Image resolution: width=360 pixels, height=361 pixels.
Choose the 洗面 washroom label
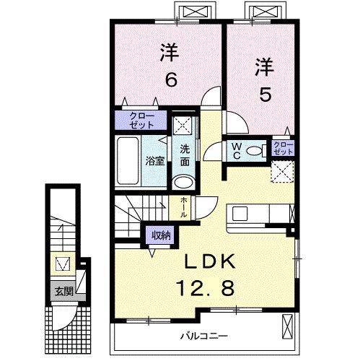coord(185,155)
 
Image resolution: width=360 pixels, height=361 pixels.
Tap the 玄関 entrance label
coord(62,292)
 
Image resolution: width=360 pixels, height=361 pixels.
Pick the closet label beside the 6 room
coord(137,119)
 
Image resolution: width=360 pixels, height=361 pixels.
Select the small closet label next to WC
coord(283,149)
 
